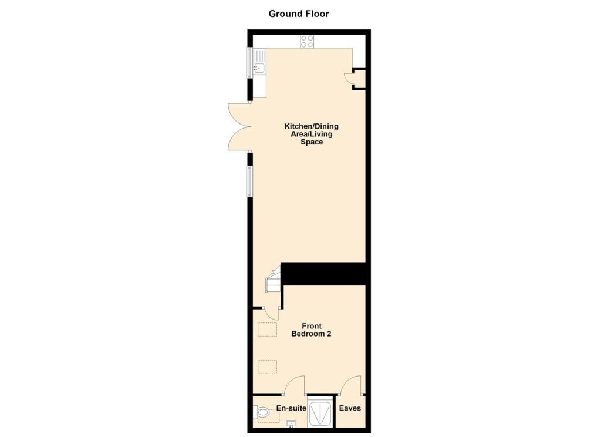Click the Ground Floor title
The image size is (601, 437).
(299, 14)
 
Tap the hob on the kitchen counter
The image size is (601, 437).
(307, 41)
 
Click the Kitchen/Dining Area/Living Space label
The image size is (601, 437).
(311, 134)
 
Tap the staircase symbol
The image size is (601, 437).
(273, 281)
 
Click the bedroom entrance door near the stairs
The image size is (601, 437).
(271, 313)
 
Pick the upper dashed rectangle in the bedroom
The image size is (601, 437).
(267, 330)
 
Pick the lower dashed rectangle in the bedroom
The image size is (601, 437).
(267, 367)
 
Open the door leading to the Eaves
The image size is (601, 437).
(352, 385)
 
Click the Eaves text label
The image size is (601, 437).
(352, 408)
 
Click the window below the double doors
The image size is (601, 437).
(249, 181)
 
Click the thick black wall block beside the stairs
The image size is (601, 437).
(324, 274)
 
